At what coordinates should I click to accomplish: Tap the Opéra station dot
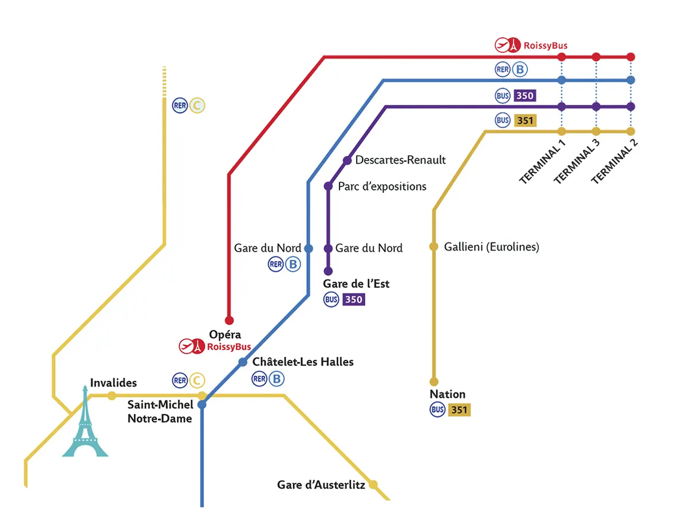pos(229,320)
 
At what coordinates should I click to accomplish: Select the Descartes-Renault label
pos(400,160)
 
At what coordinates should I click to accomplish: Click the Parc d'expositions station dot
pos(328,186)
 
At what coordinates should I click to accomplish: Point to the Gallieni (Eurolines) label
pos(492,247)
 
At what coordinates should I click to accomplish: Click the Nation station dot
pos(434,381)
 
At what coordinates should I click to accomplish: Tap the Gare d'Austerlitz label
pos(321,485)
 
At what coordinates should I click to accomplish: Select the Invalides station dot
pos(112,396)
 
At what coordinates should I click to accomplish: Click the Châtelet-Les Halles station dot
pos(243,362)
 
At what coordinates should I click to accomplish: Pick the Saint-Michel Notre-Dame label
pos(160,411)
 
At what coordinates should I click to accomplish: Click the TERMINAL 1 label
pos(542,162)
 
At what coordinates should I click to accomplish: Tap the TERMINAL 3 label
pos(577,162)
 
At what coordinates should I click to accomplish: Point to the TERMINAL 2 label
pos(614,162)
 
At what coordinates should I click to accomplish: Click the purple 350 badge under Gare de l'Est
pos(353,299)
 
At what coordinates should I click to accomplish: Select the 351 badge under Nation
pos(459,409)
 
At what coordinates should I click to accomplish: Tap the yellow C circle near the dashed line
pos(197,105)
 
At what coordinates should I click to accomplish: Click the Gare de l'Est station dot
pos(328,271)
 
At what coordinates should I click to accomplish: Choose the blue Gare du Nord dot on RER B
pos(308,249)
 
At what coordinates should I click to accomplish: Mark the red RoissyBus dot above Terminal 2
pos(631,57)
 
